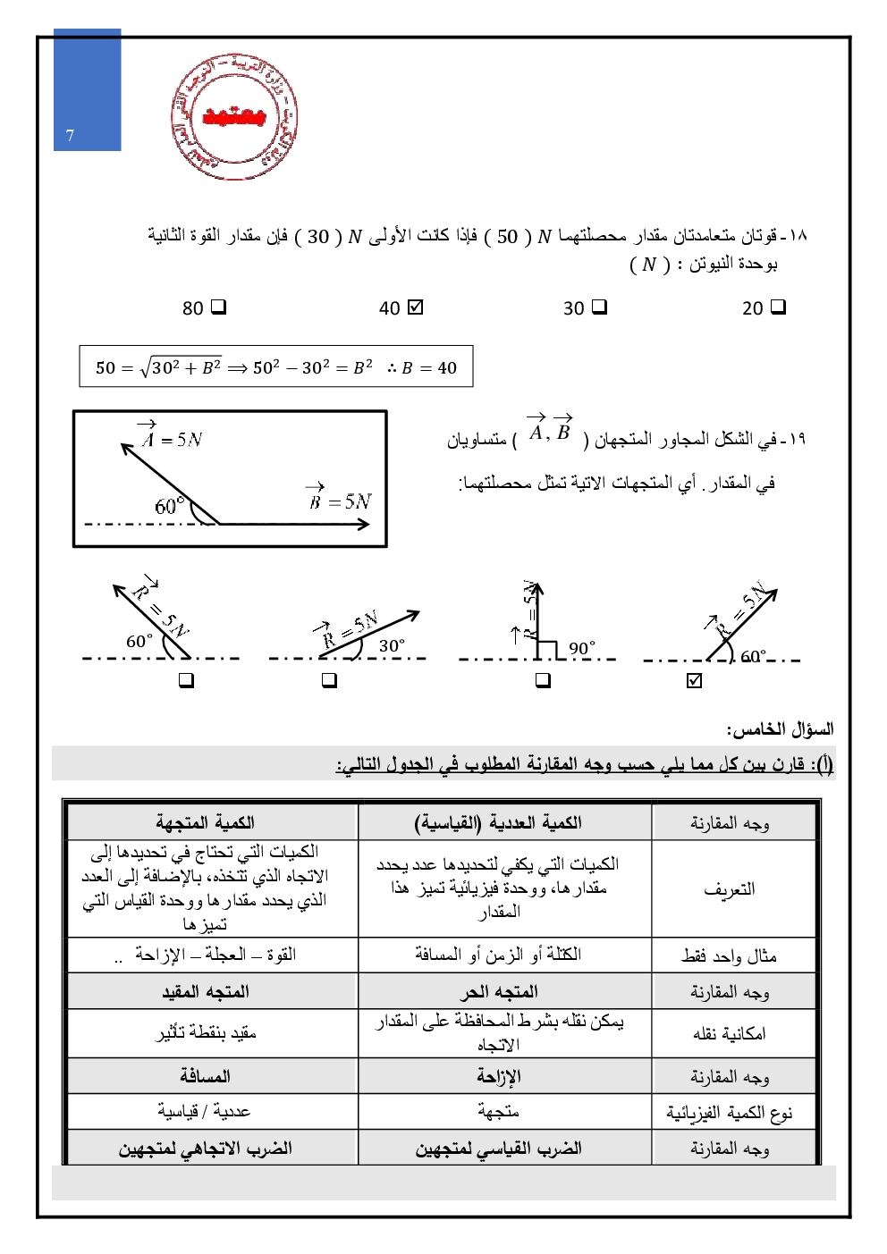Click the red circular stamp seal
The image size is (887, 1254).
click(234, 117)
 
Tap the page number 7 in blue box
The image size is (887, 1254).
click(71, 136)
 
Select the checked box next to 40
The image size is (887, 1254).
click(415, 307)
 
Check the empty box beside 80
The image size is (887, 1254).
click(218, 307)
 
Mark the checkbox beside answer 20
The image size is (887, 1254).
click(778, 307)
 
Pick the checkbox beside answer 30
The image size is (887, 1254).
click(599, 307)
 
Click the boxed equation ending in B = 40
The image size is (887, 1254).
click(275, 367)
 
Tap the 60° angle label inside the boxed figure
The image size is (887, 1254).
click(169, 506)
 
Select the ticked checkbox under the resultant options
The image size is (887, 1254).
click(695, 681)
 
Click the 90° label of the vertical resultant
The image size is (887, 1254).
click(581, 648)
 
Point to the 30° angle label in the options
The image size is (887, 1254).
click(392, 645)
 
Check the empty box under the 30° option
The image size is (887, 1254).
click(329, 681)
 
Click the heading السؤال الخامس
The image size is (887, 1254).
click(780, 729)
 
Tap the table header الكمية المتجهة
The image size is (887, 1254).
click(206, 822)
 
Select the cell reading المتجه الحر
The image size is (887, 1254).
click(499, 992)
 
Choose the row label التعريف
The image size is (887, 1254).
click(729, 888)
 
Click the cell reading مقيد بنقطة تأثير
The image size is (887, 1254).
click(206, 1033)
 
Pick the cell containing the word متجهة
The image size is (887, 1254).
click(499, 1112)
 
